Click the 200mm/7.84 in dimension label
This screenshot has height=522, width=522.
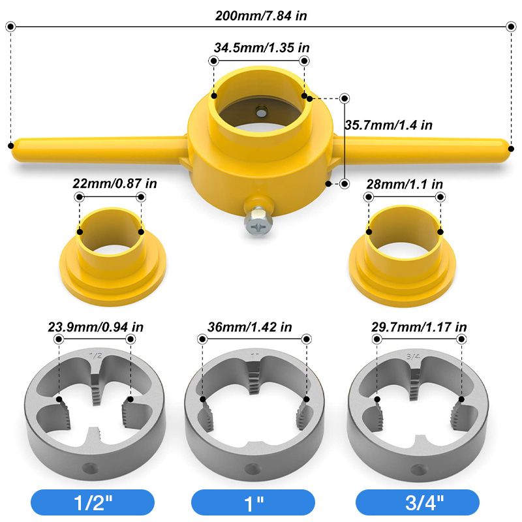pos(261,15)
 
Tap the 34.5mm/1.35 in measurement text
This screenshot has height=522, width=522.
pos(261,48)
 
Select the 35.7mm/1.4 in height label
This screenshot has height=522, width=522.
pos(389,125)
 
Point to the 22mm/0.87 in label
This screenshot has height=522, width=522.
pos(115,184)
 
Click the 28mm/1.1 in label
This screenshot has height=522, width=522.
pos(405,184)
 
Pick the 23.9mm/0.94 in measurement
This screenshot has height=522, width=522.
pos(96,327)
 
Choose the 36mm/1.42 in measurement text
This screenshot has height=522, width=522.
pos(254,327)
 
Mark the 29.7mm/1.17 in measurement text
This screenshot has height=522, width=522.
pos(420,327)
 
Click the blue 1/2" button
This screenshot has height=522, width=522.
pos(93,502)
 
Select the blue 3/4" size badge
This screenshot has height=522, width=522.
pos(418,502)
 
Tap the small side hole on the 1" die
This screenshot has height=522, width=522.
pos(251,467)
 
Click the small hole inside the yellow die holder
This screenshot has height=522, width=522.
pos(261,112)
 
